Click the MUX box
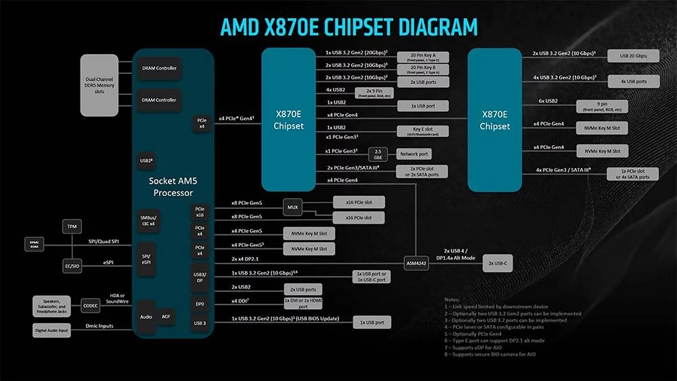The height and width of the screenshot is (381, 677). [292, 208]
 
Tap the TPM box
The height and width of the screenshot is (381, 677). [72, 226]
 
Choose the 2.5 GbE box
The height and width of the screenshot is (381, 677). [378, 154]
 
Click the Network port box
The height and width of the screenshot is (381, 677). [414, 154]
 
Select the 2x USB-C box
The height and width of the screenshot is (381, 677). [497, 263]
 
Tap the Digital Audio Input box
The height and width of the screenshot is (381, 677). [52, 330]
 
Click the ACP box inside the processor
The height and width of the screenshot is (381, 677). [166, 317]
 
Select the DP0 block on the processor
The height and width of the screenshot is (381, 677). [200, 304]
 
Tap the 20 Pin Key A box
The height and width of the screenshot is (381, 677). [423, 57]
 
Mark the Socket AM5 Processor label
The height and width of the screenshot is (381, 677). [173, 187]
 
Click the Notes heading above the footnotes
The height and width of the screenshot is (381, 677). [452, 300]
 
